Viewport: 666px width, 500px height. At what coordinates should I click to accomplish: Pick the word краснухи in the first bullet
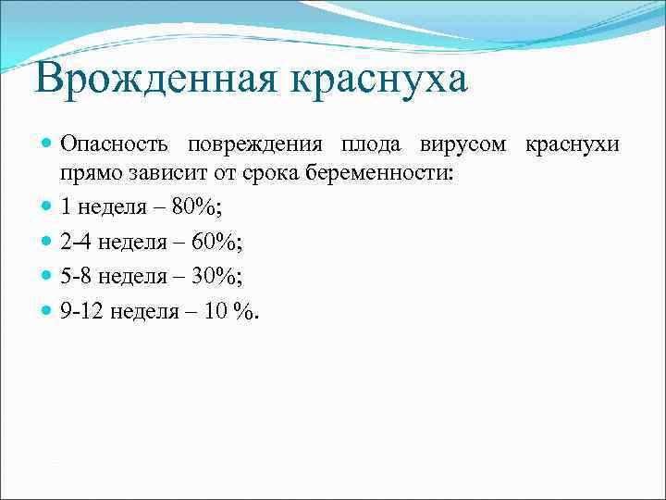coord(573,145)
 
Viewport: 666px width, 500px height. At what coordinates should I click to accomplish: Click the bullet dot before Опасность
coord(48,145)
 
